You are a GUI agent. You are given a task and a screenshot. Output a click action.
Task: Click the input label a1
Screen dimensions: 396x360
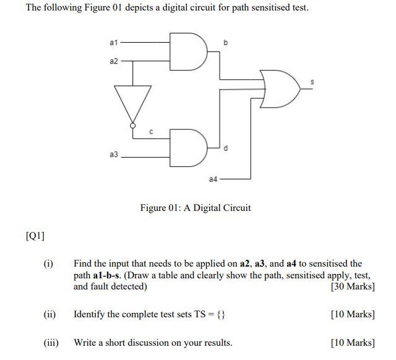113,43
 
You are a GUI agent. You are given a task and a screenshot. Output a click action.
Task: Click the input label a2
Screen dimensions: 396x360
113,61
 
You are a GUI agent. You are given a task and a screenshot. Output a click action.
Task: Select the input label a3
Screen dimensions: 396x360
113,155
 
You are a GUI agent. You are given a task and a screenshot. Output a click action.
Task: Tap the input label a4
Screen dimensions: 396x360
213,179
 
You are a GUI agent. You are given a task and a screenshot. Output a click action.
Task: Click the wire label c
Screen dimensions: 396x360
152,131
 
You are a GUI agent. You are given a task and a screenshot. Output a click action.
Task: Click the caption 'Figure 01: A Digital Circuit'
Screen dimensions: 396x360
196,208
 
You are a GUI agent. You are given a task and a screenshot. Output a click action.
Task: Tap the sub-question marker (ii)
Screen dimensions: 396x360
49,314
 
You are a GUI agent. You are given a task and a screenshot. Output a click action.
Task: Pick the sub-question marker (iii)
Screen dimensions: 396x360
51,342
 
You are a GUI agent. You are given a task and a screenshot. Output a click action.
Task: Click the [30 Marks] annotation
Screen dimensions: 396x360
353,286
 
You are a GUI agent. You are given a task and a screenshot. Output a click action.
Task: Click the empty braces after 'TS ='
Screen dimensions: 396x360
221,314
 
